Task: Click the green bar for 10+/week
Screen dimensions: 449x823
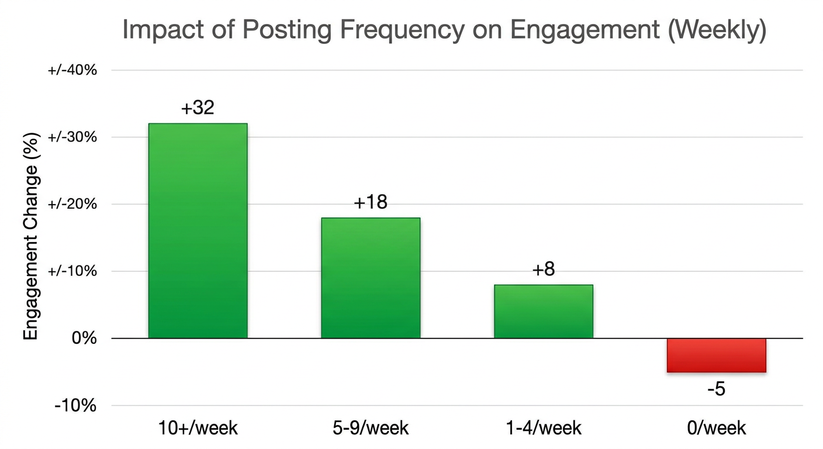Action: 198,230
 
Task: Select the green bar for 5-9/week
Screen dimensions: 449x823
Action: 371,278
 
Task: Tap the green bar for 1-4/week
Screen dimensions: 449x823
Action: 544,311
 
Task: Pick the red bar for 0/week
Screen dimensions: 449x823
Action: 716,355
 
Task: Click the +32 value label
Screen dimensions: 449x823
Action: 198,108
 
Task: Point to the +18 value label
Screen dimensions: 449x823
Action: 371,202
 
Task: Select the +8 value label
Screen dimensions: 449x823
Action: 544,270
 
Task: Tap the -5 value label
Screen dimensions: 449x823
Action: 716,389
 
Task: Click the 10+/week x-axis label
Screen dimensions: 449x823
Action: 198,428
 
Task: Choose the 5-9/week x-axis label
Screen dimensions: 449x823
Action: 371,428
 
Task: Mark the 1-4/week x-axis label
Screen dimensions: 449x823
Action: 544,428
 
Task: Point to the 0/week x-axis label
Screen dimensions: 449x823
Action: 716,428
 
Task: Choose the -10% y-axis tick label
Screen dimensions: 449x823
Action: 75,406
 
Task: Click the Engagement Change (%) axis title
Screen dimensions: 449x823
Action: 31,236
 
